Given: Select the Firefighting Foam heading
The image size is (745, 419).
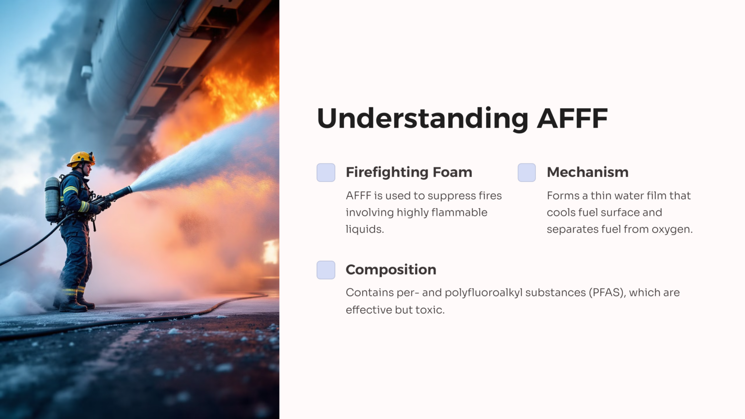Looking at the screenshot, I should (x=408, y=172).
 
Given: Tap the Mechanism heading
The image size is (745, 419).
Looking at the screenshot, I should (x=587, y=172).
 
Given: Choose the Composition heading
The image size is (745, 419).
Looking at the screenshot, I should (x=390, y=270).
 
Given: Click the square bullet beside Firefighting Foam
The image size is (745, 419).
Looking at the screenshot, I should (x=326, y=173).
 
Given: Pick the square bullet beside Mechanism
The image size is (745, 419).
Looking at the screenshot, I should (x=527, y=173).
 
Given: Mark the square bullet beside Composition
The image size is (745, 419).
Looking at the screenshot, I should (x=326, y=270).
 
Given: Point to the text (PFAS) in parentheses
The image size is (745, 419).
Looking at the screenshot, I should (x=606, y=292).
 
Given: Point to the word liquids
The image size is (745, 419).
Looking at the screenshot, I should (x=364, y=229).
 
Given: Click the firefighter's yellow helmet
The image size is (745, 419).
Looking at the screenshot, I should (x=81, y=158).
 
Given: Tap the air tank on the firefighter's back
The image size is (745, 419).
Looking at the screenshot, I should (x=52, y=199).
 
